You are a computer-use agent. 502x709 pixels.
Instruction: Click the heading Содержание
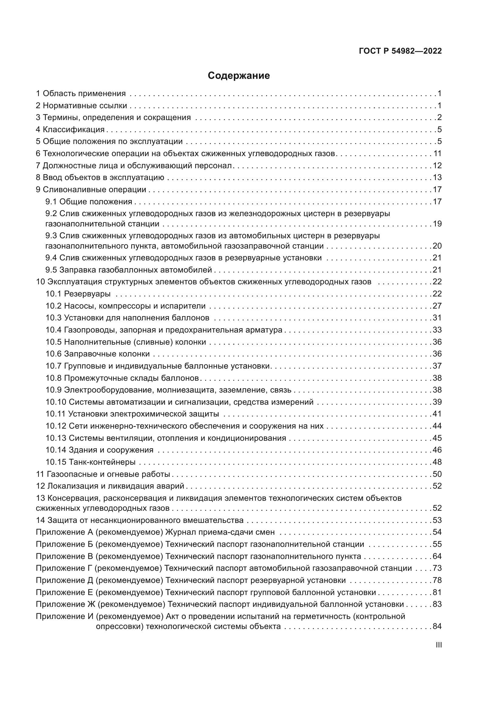[239, 76]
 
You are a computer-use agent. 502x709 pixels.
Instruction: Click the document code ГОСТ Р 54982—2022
[400, 51]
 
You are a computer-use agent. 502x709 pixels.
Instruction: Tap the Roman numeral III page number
[438, 645]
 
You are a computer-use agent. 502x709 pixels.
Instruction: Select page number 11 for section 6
[437, 153]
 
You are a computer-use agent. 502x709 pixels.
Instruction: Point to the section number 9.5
[51, 270]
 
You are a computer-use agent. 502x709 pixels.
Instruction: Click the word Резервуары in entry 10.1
[87, 294]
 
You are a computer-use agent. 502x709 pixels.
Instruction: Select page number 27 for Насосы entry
[437, 306]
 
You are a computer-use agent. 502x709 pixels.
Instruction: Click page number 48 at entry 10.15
[437, 462]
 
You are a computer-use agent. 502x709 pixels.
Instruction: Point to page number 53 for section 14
[437, 520]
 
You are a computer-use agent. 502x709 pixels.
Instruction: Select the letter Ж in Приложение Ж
[91, 604]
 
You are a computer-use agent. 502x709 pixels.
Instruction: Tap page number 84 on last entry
[437, 627]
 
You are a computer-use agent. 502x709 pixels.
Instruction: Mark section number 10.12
[56, 426]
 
